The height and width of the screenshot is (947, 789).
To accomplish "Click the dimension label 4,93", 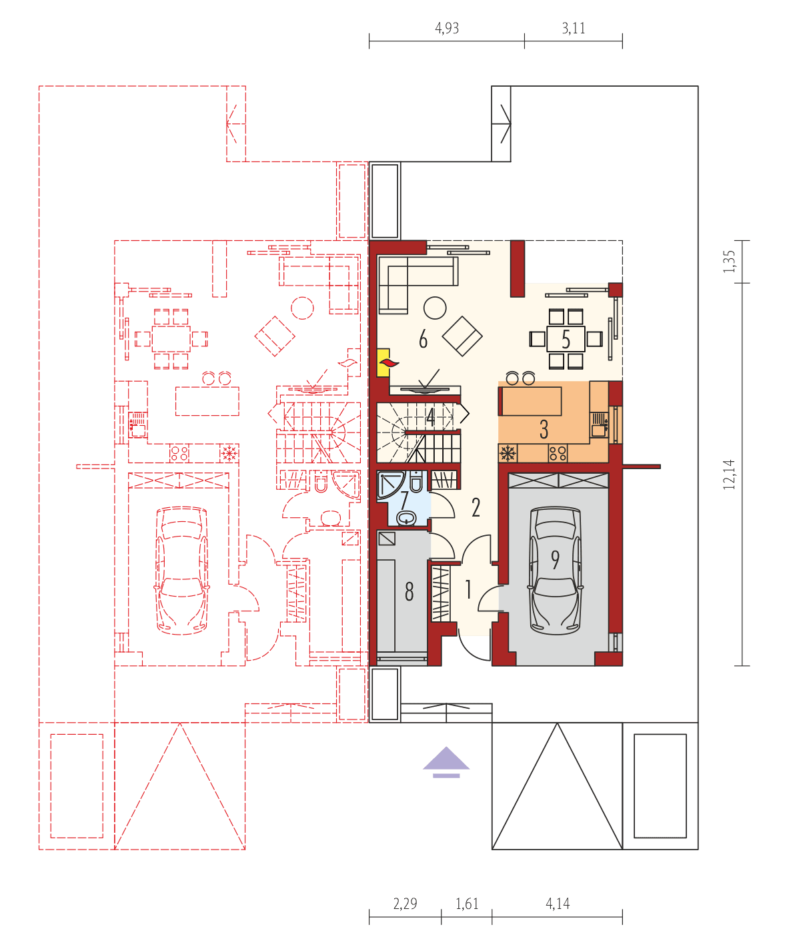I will (x=447, y=29).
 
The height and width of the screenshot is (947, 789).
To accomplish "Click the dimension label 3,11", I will (x=574, y=29).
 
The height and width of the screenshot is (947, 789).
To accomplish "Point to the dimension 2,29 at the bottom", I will (x=405, y=904).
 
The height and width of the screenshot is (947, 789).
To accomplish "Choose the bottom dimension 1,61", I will (x=467, y=904).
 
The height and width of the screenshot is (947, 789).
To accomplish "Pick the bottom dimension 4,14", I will (x=558, y=904).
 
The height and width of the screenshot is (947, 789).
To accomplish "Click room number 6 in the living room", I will (x=423, y=340).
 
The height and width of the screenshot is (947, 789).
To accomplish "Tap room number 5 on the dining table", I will (x=566, y=340).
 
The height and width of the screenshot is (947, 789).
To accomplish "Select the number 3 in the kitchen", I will (x=544, y=429).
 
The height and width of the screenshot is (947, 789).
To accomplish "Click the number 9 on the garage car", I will (x=555, y=559).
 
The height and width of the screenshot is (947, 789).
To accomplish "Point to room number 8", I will (x=409, y=591).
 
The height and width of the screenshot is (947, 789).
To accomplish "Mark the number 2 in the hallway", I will (x=476, y=507).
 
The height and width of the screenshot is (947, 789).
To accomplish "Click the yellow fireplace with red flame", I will (x=385, y=362).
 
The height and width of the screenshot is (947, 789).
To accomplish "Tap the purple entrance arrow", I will (x=446, y=761).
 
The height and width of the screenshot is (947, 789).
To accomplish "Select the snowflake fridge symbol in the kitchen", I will (x=508, y=454).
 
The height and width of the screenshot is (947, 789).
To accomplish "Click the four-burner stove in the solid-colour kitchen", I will (x=558, y=454).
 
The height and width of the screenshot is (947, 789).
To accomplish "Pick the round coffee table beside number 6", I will (x=435, y=308).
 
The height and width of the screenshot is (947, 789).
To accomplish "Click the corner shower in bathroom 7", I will (x=389, y=486).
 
